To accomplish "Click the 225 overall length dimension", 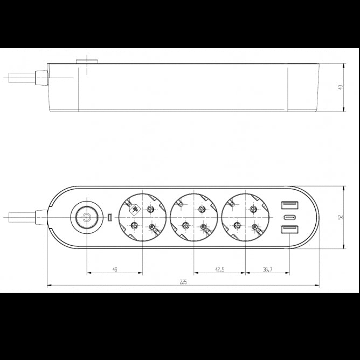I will (183, 282).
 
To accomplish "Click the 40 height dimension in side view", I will (340, 87).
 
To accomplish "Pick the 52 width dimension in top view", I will (340, 217).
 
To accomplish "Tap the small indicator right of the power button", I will (109, 218).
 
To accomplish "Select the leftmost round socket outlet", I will (143, 218).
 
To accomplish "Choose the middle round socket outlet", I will (194, 218).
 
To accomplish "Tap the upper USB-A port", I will (288, 205).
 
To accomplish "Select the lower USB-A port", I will (288, 231).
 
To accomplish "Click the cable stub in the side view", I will (20, 78).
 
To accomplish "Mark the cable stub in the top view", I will (20, 218).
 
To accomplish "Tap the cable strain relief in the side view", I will (41, 78).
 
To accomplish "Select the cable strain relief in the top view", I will (41, 218).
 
